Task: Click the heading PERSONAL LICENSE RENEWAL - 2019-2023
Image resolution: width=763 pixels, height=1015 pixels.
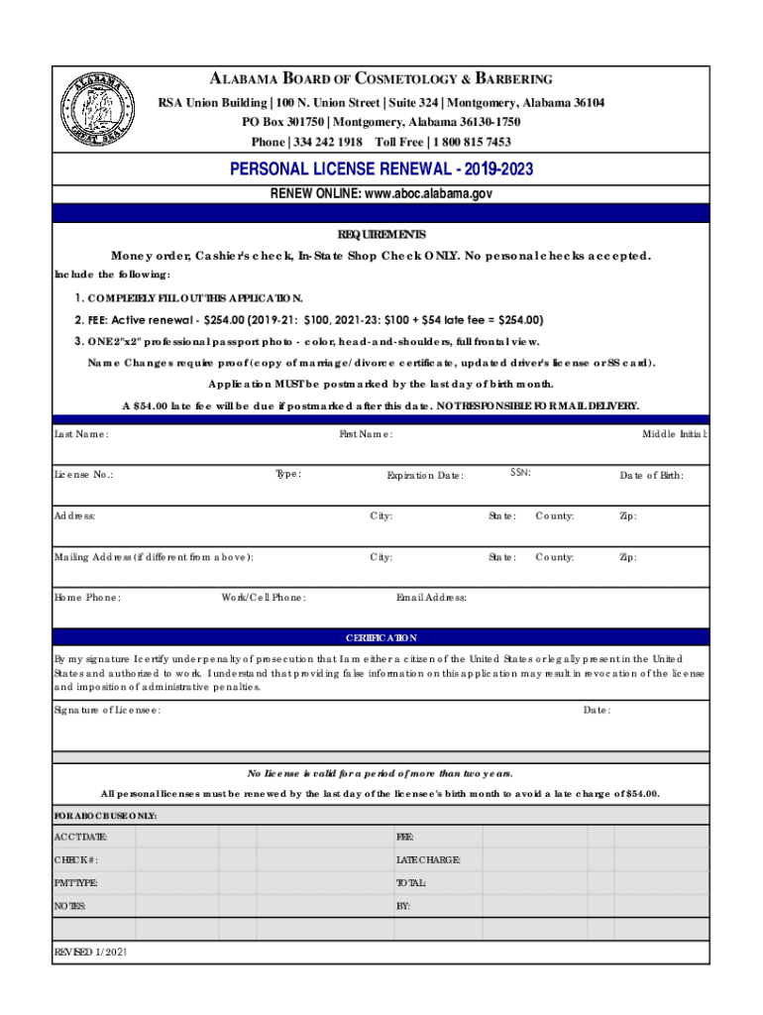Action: click(x=381, y=169)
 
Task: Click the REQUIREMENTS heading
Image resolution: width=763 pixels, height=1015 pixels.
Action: click(x=381, y=235)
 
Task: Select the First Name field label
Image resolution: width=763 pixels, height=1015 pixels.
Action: click(x=366, y=434)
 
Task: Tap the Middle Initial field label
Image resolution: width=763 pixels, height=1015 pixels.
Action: click(x=674, y=434)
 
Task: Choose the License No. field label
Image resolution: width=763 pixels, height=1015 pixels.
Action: click(x=83, y=475)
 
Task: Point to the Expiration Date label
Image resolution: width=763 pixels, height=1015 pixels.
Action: click(x=424, y=476)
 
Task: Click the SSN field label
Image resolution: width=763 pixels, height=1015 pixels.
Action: click(x=520, y=473)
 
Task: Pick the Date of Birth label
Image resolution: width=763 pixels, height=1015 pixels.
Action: click(x=651, y=476)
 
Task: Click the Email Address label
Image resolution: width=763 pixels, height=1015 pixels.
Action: click(x=431, y=598)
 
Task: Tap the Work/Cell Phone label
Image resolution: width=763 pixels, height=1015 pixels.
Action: click(x=264, y=598)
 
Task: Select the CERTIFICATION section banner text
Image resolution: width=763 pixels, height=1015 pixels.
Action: click(x=381, y=638)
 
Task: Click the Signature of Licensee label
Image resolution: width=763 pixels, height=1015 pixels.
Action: click(x=107, y=711)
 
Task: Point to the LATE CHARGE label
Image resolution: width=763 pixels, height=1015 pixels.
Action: click(x=428, y=859)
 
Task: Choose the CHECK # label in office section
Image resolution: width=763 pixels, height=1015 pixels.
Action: click(x=75, y=859)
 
